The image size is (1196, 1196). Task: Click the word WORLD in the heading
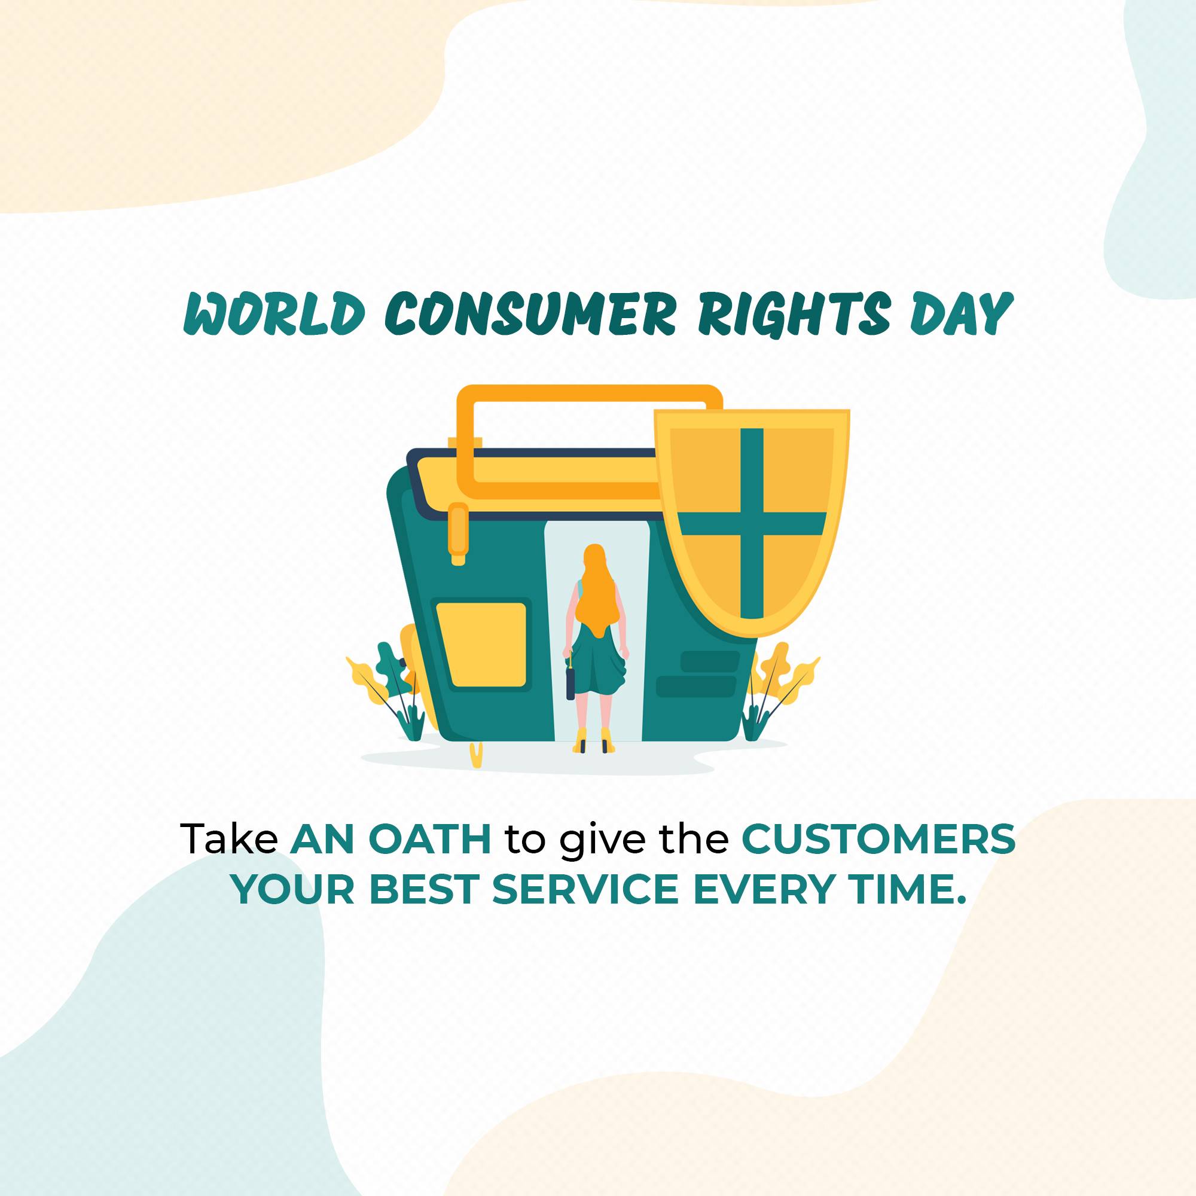tap(274, 315)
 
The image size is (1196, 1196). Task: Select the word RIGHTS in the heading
tap(793, 315)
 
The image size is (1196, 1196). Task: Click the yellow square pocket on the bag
tap(481, 645)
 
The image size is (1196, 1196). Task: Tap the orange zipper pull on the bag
tap(459, 532)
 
